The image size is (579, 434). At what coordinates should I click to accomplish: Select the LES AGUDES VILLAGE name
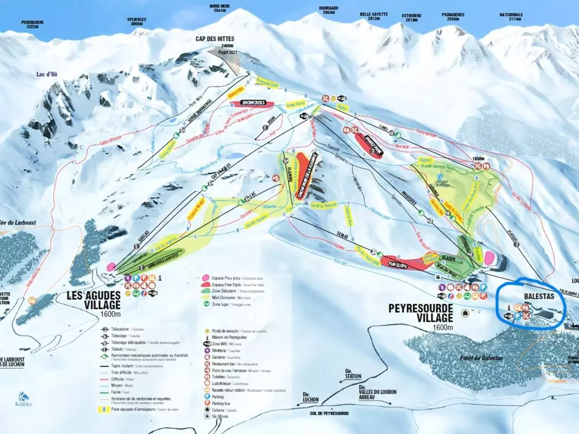click(x=93, y=299)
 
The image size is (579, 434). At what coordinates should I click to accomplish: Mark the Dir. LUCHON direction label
click(x=310, y=396)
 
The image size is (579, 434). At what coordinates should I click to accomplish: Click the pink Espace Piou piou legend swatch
click(x=206, y=278)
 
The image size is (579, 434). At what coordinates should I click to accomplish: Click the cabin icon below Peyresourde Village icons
click(x=464, y=313)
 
